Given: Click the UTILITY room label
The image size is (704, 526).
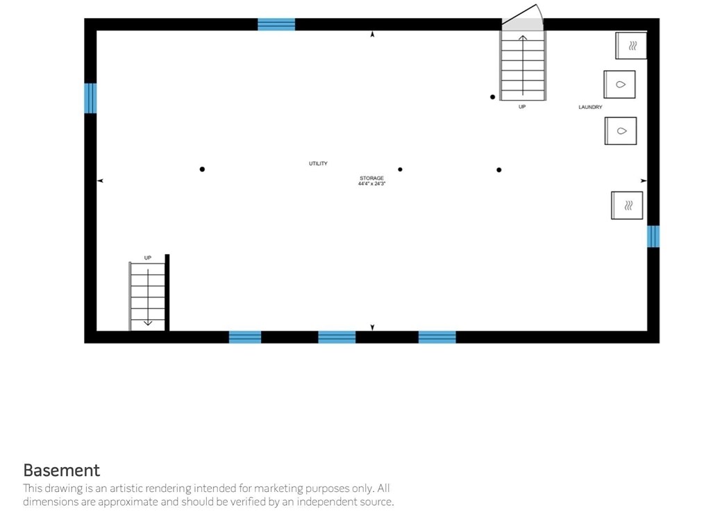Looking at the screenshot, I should coord(318,164).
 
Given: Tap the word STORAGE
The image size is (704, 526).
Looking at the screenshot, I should coord(371,178).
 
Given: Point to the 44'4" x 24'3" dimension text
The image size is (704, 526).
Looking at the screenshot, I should coord(371,184).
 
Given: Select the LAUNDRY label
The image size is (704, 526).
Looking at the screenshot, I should coord(590,108).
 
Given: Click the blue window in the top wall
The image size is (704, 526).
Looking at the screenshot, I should coord(276,24).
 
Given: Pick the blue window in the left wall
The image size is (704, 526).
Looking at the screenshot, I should coord(90,98).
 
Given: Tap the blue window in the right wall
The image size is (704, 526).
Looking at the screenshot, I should coord(653,236).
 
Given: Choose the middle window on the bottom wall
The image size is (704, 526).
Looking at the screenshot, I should coord(337,337).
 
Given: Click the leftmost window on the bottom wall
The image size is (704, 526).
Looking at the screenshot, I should coord(245,337).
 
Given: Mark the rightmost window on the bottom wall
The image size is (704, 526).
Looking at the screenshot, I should coord(437,337).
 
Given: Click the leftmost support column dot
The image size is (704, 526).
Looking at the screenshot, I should coord(202,169).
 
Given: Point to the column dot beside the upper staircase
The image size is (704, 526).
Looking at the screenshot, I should coord(493,97).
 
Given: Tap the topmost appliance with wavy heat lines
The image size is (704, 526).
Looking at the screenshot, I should coord(631,46).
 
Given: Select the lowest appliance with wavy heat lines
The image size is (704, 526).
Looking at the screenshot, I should coord(627,205).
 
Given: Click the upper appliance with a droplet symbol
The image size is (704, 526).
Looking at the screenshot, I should coord(619,84).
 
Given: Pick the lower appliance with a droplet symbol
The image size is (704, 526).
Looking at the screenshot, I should coord(621,130).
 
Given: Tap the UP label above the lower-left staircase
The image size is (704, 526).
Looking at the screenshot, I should coord(147,257).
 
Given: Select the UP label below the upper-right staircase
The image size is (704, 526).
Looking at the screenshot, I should coord(522,107).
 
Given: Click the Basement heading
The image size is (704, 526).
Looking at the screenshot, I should coord(62,470).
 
